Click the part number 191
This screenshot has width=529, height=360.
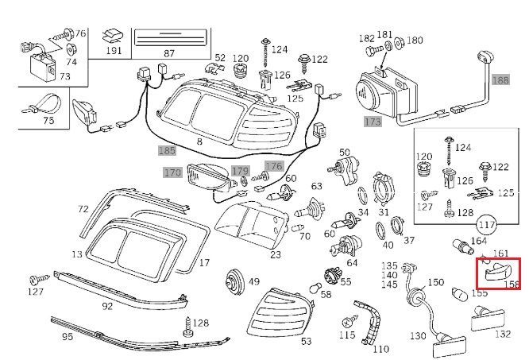coord(115,51)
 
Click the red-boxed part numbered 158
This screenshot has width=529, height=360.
coord(498,274)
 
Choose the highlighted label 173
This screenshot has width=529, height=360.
coord(373,122)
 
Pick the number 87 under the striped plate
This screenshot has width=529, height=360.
coord(168,52)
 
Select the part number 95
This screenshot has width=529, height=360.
coord(68,337)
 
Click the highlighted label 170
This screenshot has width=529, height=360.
coord(172,172)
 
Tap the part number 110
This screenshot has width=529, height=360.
coord(381,349)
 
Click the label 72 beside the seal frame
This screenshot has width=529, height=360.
coord(83,210)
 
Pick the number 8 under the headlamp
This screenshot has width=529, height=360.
coord(199,141)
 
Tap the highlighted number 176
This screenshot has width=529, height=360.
coord(273,166)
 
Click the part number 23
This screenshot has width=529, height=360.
coord(276,255)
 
